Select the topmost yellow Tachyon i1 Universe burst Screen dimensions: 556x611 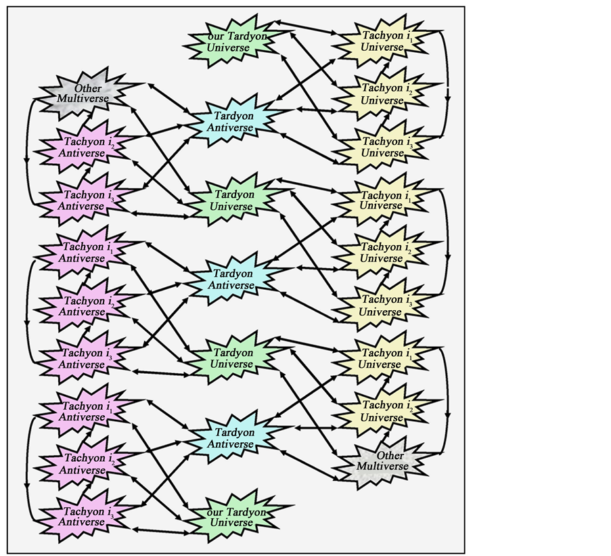(382, 41)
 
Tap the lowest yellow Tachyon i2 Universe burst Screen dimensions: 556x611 (382, 411)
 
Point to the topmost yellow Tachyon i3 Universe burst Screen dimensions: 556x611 (382, 146)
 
